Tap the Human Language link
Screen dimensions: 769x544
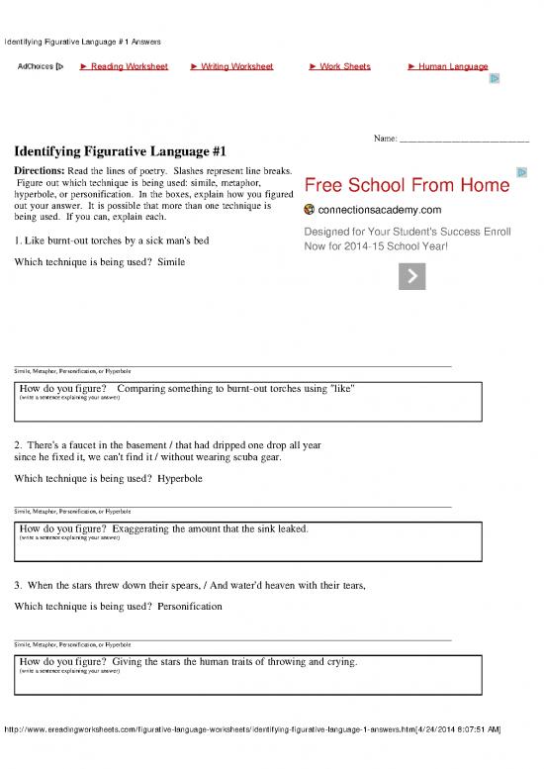pos(452,66)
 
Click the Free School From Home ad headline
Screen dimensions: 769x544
pos(408,186)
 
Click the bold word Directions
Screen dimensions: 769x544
pos(40,171)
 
